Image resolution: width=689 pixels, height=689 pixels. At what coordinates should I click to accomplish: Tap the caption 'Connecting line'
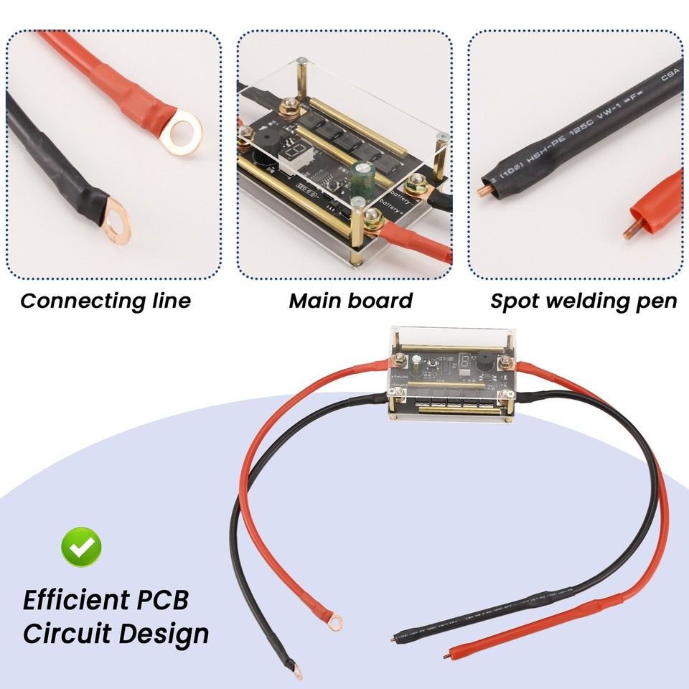click(x=106, y=301)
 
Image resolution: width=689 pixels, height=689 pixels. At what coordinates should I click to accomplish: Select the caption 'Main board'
click(x=350, y=301)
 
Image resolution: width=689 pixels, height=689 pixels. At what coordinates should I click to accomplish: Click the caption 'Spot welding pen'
click(x=583, y=301)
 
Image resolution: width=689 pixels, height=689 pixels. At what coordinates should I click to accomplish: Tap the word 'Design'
click(x=164, y=634)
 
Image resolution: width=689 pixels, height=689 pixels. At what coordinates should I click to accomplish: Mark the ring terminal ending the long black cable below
click(x=296, y=671)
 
